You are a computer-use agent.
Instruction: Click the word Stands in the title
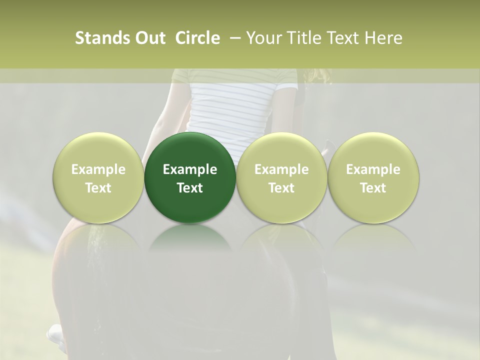click(x=102, y=38)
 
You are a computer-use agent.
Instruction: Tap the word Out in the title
click(x=150, y=38)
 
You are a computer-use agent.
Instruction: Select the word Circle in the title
click(x=197, y=38)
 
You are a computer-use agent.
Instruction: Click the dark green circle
click(x=190, y=150)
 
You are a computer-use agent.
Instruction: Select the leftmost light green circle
click(x=98, y=150)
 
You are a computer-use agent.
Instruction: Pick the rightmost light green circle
click(x=373, y=150)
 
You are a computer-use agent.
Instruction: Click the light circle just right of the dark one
click(x=281, y=150)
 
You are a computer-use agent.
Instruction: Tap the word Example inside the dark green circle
click(x=190, y=169)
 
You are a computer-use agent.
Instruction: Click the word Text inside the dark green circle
click(x=190, y=188)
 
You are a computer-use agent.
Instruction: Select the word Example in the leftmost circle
click(x=98, y=169)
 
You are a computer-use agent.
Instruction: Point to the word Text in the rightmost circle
click(x=373, y=188)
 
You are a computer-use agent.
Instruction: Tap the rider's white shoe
click(x=55, y=333)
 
